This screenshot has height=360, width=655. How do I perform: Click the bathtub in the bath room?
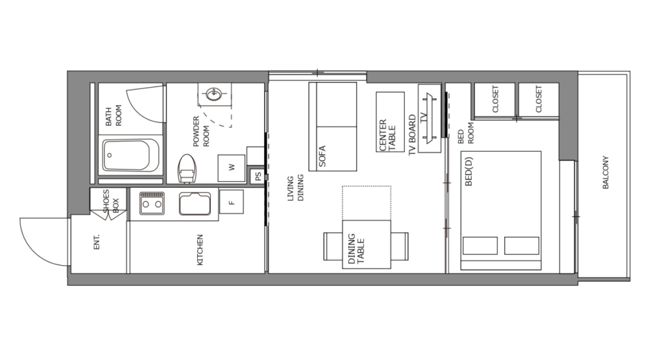[131, 155]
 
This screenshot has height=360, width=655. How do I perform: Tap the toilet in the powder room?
[187, 168]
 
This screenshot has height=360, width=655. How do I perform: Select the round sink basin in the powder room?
[214, 95]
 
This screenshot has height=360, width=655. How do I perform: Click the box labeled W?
[231, 168]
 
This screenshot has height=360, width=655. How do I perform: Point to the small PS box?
[257, 176]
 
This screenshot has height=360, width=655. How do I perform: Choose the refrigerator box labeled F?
[231, 201]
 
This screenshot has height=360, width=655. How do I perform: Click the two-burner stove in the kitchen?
[151, 204]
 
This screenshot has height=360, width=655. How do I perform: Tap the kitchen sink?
[195, 204]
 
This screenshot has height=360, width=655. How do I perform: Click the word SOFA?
[322, 156]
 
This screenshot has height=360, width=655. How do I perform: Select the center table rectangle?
[390, 122]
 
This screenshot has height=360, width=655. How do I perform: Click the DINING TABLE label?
[356, 249]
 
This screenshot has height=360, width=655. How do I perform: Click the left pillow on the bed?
[480, 245]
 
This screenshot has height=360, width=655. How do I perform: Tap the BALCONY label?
[605, 173]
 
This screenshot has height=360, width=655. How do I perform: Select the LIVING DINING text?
[296, 188]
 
